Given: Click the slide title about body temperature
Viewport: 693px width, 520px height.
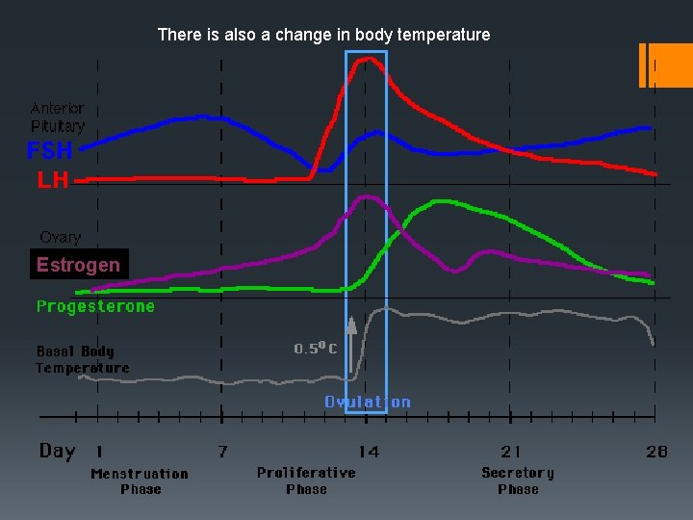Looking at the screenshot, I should click(323, 35).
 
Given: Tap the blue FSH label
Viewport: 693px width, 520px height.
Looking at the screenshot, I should click(49, 151).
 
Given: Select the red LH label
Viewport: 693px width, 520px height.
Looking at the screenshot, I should click(53, 180).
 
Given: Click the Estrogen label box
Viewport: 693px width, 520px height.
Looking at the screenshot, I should click(78, 265).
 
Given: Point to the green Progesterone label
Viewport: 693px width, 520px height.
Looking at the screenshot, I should click(95, 306).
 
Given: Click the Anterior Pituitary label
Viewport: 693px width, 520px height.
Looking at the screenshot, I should click(58, 117).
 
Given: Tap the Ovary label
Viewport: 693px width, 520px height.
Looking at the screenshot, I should click(60, 237).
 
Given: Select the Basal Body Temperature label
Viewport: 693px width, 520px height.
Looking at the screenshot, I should click(82, 359).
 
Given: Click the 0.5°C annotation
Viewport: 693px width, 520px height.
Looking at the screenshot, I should click(315, 349).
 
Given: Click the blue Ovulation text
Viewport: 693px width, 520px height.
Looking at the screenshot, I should click(367, 403).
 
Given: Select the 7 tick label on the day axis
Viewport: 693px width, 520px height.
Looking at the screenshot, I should click(222, 452).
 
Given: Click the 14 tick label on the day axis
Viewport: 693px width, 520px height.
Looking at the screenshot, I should click(369, 452).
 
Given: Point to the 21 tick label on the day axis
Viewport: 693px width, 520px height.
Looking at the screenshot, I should click(511, 452).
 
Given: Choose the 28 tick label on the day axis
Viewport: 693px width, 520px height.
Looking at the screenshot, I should click(655, 452).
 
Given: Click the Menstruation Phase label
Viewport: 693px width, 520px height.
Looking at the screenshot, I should click(140, 481).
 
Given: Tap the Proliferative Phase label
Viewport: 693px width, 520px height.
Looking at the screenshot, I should click(306, 481).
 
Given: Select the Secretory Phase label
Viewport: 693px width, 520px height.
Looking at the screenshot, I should click(518, 481).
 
